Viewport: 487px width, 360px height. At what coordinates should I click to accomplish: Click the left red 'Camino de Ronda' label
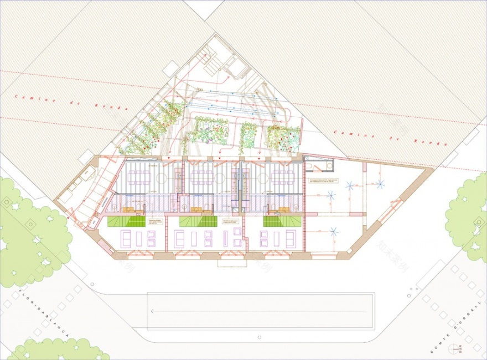point(72,102)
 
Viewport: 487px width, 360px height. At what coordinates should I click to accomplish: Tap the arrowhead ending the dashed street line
point(153,312)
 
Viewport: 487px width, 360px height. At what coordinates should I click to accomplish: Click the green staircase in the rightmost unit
point(282,221)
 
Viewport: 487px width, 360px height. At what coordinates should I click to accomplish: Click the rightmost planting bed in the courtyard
point(283,138)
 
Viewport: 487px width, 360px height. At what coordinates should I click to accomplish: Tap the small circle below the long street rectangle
point(258,336)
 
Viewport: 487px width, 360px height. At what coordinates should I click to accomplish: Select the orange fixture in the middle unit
point(195,209)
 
